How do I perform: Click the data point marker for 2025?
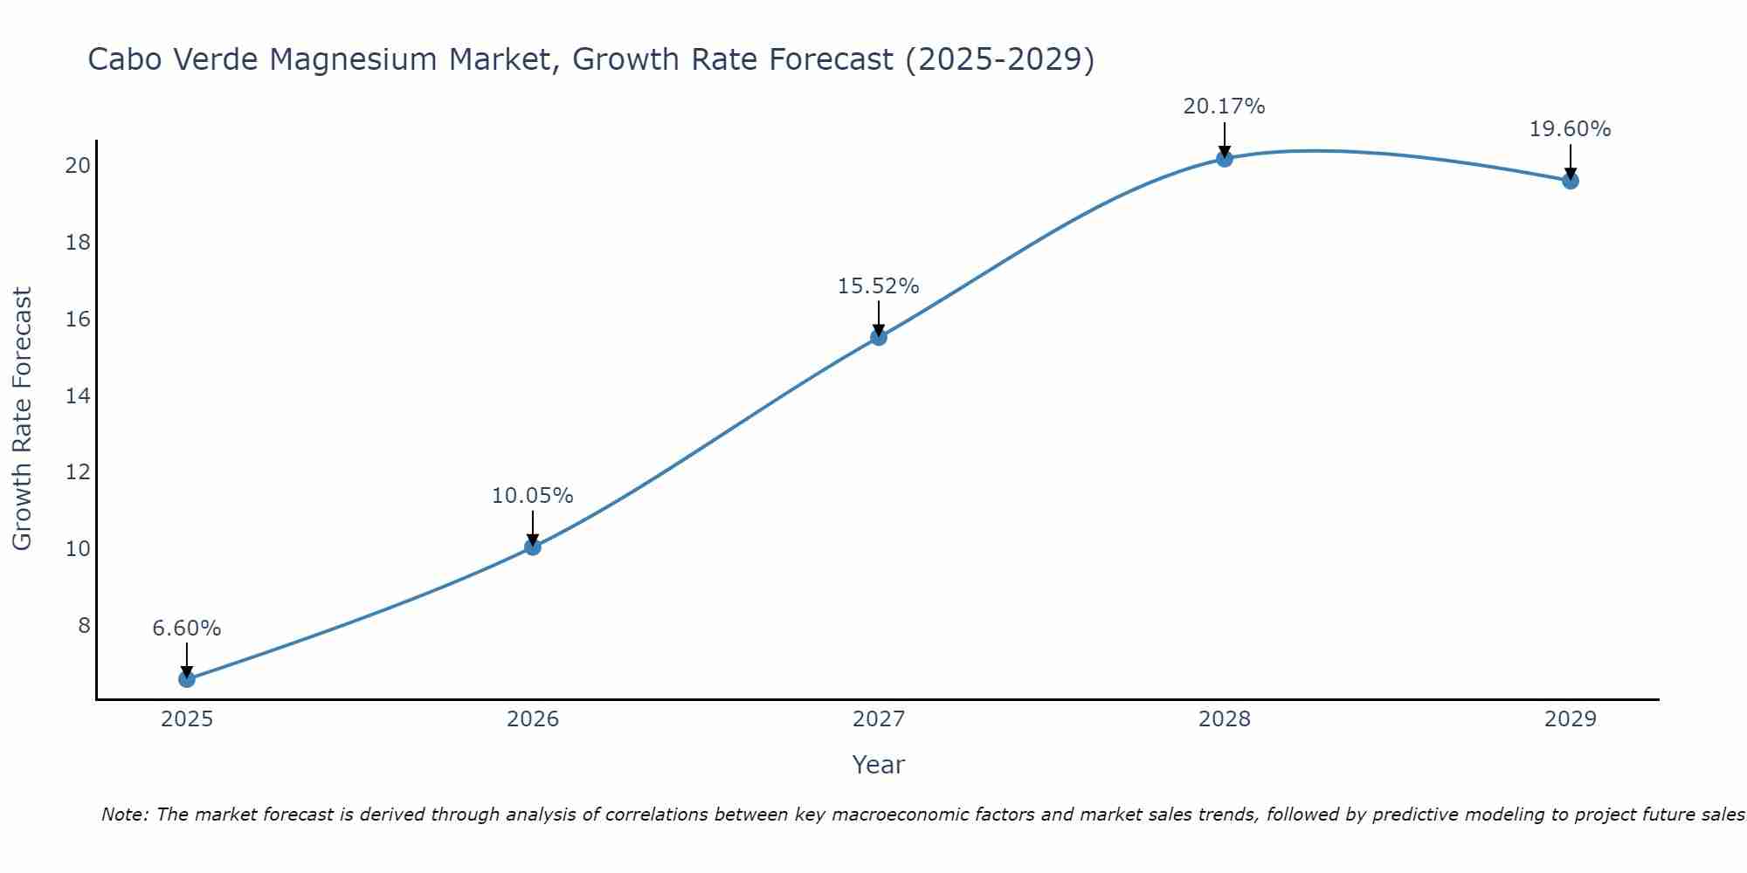[187, 678]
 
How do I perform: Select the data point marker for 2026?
[533, 546]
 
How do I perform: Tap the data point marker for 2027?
[879, 337]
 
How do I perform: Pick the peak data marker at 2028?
[1225, 158]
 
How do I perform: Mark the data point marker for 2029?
[1571, 181]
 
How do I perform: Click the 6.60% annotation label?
[187, 629]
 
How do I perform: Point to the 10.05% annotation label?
[533, 496]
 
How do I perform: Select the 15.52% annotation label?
[879, 286]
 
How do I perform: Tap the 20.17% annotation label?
[1225, 107]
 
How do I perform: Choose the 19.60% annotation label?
[1571, 129]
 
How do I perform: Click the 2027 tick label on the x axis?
[879, 719]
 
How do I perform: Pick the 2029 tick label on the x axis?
[1571, 719]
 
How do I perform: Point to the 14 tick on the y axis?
[79, 395]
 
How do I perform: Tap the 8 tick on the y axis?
[84, 625]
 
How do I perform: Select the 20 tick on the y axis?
[79, 165]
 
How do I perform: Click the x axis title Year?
[879, 765]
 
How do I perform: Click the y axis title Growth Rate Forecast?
[22, 419]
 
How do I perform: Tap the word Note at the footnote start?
[124, 815]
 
